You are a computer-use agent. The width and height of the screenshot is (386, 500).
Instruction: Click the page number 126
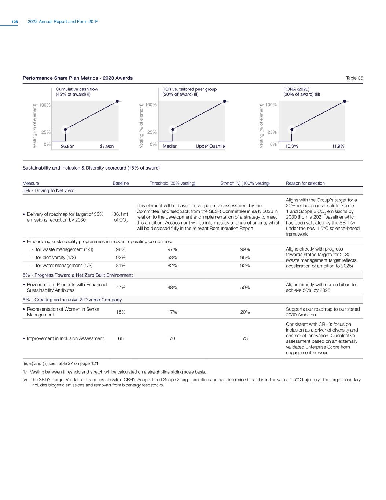[15, 22]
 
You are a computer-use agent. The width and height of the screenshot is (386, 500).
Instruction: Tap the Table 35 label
[354, 78]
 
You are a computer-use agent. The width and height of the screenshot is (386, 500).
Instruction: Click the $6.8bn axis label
[67, 146]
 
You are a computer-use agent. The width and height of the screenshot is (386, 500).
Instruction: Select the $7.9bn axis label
[107, 146]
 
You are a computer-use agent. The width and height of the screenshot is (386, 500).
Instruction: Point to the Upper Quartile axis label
[210, 146]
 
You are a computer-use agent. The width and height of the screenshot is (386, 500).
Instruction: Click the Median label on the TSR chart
[170, 146]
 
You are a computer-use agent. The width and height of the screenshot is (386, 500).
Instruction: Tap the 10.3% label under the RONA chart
[292, 146]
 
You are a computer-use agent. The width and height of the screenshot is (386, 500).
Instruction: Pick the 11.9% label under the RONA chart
[338, 146]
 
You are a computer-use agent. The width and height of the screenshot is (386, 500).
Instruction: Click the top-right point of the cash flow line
[117, 101]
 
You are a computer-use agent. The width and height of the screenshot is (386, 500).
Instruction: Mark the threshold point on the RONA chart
[292, 129]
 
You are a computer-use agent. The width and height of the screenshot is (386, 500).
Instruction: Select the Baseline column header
[121, 183]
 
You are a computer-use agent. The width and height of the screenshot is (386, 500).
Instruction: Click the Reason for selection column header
[305, 183]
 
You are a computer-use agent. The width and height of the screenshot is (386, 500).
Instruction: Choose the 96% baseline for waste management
[121, 249]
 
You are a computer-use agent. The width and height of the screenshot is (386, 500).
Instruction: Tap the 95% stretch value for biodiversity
[245, 258]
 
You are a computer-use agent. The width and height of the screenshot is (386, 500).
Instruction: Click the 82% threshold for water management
[172, 266]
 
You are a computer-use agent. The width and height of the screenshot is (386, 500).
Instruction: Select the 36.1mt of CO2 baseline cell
[121, 217]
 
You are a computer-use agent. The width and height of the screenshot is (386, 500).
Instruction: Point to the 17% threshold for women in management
[172, 312]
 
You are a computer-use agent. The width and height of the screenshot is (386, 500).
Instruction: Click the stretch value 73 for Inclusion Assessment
[245, 338]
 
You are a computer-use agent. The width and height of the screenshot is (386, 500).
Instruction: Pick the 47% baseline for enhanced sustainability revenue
[121, 288]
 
